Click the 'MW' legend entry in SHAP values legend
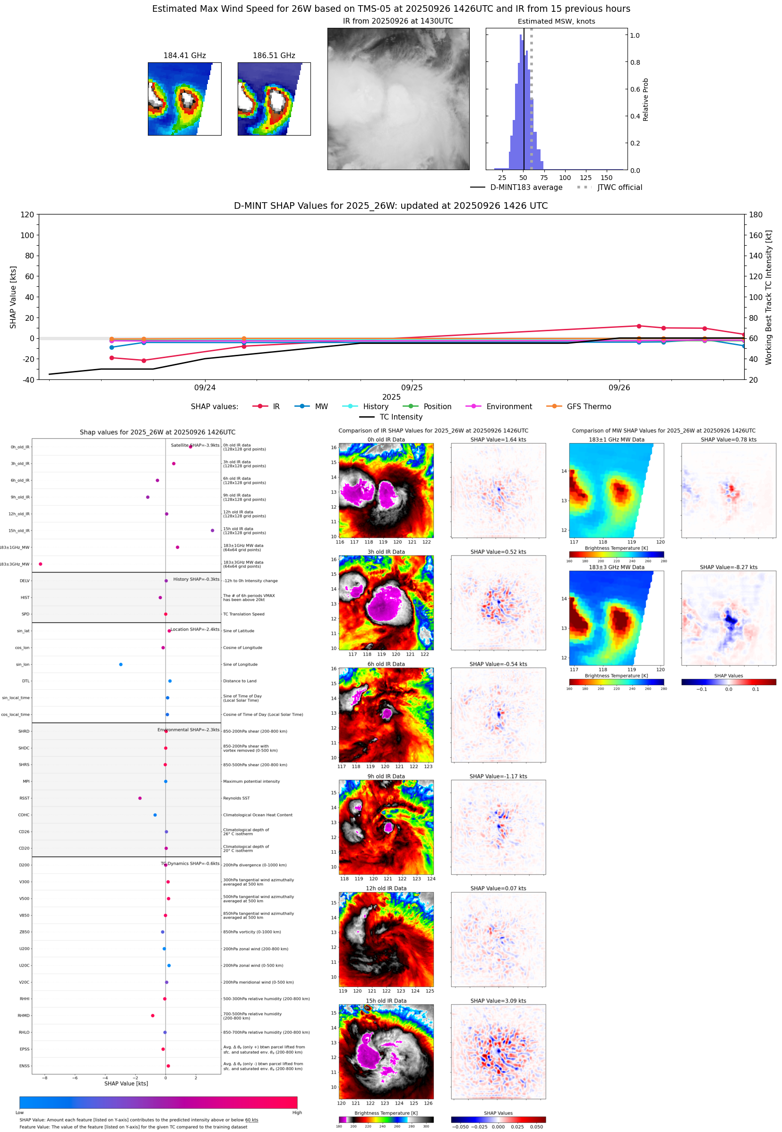[x=321, y=407]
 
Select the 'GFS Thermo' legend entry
[x=588, y=407]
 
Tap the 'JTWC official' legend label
[x=619, y=187]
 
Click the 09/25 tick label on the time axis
[x=412, y=387]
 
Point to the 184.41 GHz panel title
[x=184, y=56]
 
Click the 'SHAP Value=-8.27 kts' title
[x=728, y=567]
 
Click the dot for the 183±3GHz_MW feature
[x=41, y=564]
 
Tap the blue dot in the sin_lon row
[x=120, y=664]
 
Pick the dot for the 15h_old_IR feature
[x=212, y=531]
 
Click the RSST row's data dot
[x=140, y=798]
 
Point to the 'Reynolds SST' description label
[x=236, y=798]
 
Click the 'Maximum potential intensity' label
[x=251, y=781]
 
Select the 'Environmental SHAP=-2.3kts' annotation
[x=188, y=730]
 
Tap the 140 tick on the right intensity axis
[x=756, y=256]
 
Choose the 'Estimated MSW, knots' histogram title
[x=556, y=22]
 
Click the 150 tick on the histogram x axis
[x=606, y=178]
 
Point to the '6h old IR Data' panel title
[x=386, y=664]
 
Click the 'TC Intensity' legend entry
[x=400, y=417]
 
